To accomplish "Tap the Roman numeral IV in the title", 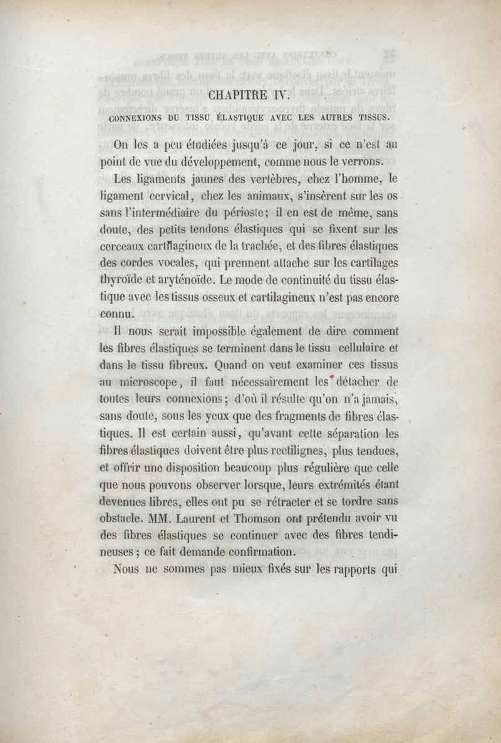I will (x=276, y=96).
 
